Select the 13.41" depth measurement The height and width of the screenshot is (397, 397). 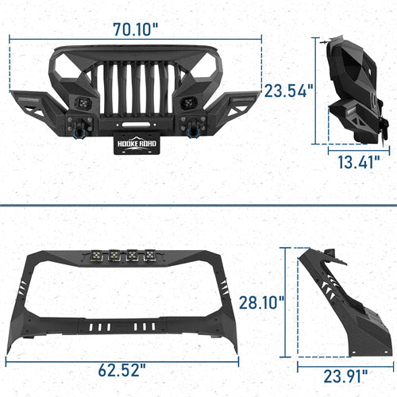(354, 164)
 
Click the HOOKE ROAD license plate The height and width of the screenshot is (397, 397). (143, 145)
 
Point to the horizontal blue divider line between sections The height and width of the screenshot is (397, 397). (198, 205)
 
